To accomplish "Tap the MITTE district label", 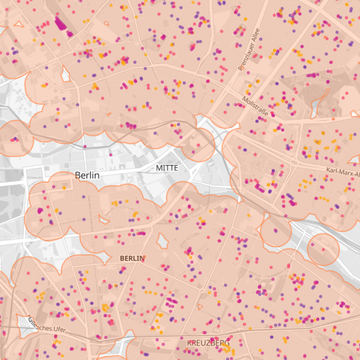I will coord(167,169).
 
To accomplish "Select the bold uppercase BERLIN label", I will coord(132,258).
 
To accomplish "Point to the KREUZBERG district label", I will coord(209,343).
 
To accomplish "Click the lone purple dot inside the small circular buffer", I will coord(276,229).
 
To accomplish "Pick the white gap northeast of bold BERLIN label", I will coord(163,241).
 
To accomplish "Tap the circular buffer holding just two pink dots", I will coord(323,249).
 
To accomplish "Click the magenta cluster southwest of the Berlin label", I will coord(39,210).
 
